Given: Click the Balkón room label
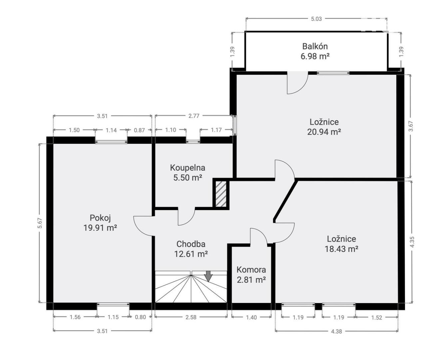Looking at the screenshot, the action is [315, 46].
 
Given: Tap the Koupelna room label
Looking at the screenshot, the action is [188, 168].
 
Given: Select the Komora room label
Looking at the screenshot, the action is [251, 270].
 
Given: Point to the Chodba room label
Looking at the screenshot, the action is [191, 244].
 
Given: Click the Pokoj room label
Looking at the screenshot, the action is [100, 218].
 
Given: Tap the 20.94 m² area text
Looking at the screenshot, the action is [324, 132].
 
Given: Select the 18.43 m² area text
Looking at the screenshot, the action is [341, 249].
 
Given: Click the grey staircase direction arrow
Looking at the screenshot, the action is [208, 276].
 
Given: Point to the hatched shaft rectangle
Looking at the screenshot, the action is [221, 194].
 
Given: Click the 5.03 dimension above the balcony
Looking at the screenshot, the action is [316, 19].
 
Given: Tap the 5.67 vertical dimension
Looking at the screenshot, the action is [40, 223].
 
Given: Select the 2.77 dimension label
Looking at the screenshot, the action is [194, 116].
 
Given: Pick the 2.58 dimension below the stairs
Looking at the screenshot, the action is [191, 317].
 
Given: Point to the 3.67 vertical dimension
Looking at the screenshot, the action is [411, 126].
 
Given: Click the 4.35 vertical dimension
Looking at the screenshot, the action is [412, 242].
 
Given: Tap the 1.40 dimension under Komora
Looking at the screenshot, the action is [251, 317].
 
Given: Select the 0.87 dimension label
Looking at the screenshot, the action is [139, 130].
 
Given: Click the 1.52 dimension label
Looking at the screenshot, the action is [376, 318].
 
